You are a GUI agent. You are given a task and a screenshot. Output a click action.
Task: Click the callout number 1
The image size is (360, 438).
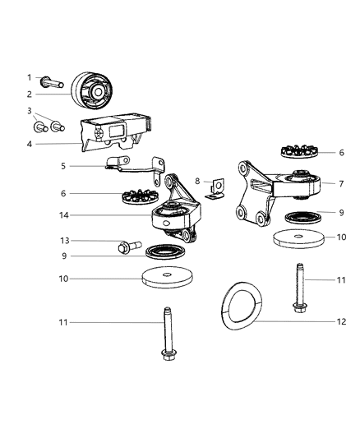[29, 77]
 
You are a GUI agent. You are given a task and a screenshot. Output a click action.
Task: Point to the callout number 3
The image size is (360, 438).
[29, 110]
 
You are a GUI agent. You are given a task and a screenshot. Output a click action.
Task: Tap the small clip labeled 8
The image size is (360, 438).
[215, 191]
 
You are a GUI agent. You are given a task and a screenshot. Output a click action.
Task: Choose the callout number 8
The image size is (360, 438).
[198, 181]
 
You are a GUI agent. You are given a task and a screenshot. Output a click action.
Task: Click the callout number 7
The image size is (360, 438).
[340, 183]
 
